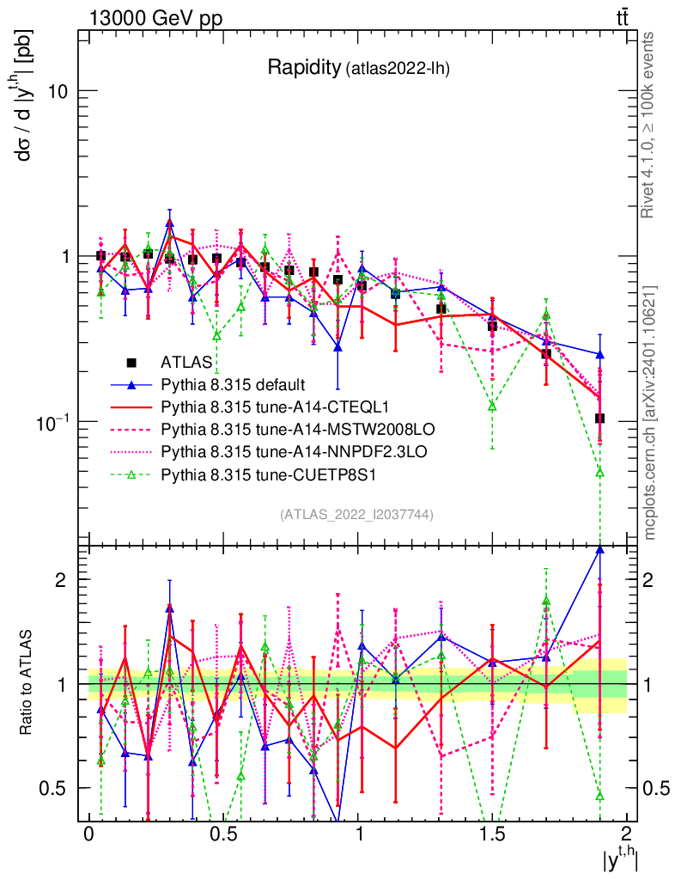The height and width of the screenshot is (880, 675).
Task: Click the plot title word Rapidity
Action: (303, 68)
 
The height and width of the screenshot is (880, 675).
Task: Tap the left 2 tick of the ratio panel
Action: (60, 580)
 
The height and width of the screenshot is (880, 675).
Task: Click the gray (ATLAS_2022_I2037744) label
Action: (356, 515)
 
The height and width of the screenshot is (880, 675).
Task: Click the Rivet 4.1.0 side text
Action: (651, 125)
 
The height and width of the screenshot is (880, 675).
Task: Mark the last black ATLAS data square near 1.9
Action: (599, 419)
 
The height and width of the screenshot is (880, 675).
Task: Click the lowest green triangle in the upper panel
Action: (599, 473)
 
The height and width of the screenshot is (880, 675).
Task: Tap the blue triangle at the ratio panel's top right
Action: (599, 551)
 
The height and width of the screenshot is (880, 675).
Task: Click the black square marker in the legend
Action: (131, 364)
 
